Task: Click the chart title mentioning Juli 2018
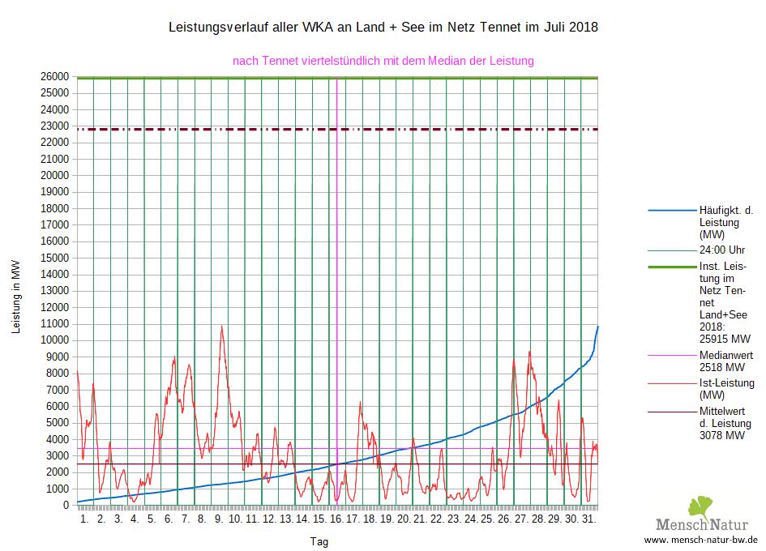pos(383,28)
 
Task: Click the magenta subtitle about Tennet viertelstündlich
pos(383,61)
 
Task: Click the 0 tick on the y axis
pos(66,506)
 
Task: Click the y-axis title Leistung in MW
pos(16,297)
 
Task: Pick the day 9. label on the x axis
pos(219,519)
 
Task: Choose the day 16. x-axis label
pos(337,519)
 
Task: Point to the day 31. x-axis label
pos(590,519)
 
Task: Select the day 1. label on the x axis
pos(84,519)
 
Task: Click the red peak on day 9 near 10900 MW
pos(221,327)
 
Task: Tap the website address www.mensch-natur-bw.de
pos(700,540)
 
